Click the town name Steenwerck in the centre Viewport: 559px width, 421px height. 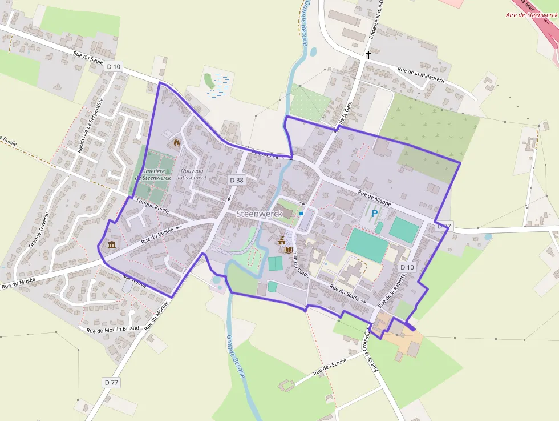260,213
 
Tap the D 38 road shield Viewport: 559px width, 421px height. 237,180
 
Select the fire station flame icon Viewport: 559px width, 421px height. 177,143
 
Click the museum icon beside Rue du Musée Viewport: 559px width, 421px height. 111,245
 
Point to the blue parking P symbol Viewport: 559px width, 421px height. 375,214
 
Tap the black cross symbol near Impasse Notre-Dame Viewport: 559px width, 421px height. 368,55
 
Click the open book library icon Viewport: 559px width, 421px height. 289,250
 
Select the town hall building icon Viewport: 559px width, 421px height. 281,242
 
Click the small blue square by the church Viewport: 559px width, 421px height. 301,214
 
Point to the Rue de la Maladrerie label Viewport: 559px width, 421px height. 422,75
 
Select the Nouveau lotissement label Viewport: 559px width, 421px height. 193,174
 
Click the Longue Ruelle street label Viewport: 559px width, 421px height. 154,206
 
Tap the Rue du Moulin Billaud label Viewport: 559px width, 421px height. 113,330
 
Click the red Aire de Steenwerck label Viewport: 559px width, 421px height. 533,15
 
